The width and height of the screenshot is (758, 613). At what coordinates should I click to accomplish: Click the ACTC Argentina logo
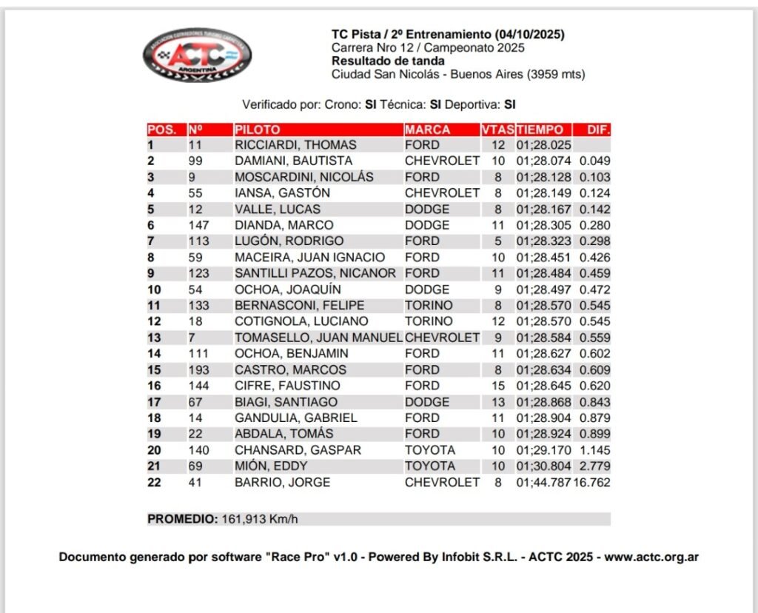[x=196, y=55]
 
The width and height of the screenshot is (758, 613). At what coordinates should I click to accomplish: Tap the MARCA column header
[x=428, y=130]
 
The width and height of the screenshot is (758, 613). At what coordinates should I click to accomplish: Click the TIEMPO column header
[x=540, y=130]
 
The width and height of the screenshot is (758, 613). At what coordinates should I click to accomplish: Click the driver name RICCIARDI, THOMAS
[x=295, y=145]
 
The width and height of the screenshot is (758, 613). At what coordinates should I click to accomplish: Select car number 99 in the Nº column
[x=195, y=161]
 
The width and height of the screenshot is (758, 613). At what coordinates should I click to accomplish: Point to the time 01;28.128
[x=544, y=177]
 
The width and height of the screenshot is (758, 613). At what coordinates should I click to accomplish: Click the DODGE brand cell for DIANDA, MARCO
[x=427, y=225]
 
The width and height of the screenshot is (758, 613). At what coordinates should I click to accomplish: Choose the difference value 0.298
[x=595, y=241]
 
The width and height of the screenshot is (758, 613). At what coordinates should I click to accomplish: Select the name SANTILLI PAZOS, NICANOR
[x=318, y=273]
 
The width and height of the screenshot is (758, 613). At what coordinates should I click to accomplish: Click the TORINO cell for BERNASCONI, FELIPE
[x=429, y=305]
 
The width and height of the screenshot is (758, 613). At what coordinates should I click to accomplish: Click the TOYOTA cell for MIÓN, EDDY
[x=429, y=466]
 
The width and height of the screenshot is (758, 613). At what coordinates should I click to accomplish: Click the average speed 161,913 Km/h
[x=260, y=519]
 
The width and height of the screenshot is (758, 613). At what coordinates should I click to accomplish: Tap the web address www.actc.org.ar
[x=651, y=557]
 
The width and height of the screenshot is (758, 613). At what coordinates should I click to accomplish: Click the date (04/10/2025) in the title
[x=529, y=34]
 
